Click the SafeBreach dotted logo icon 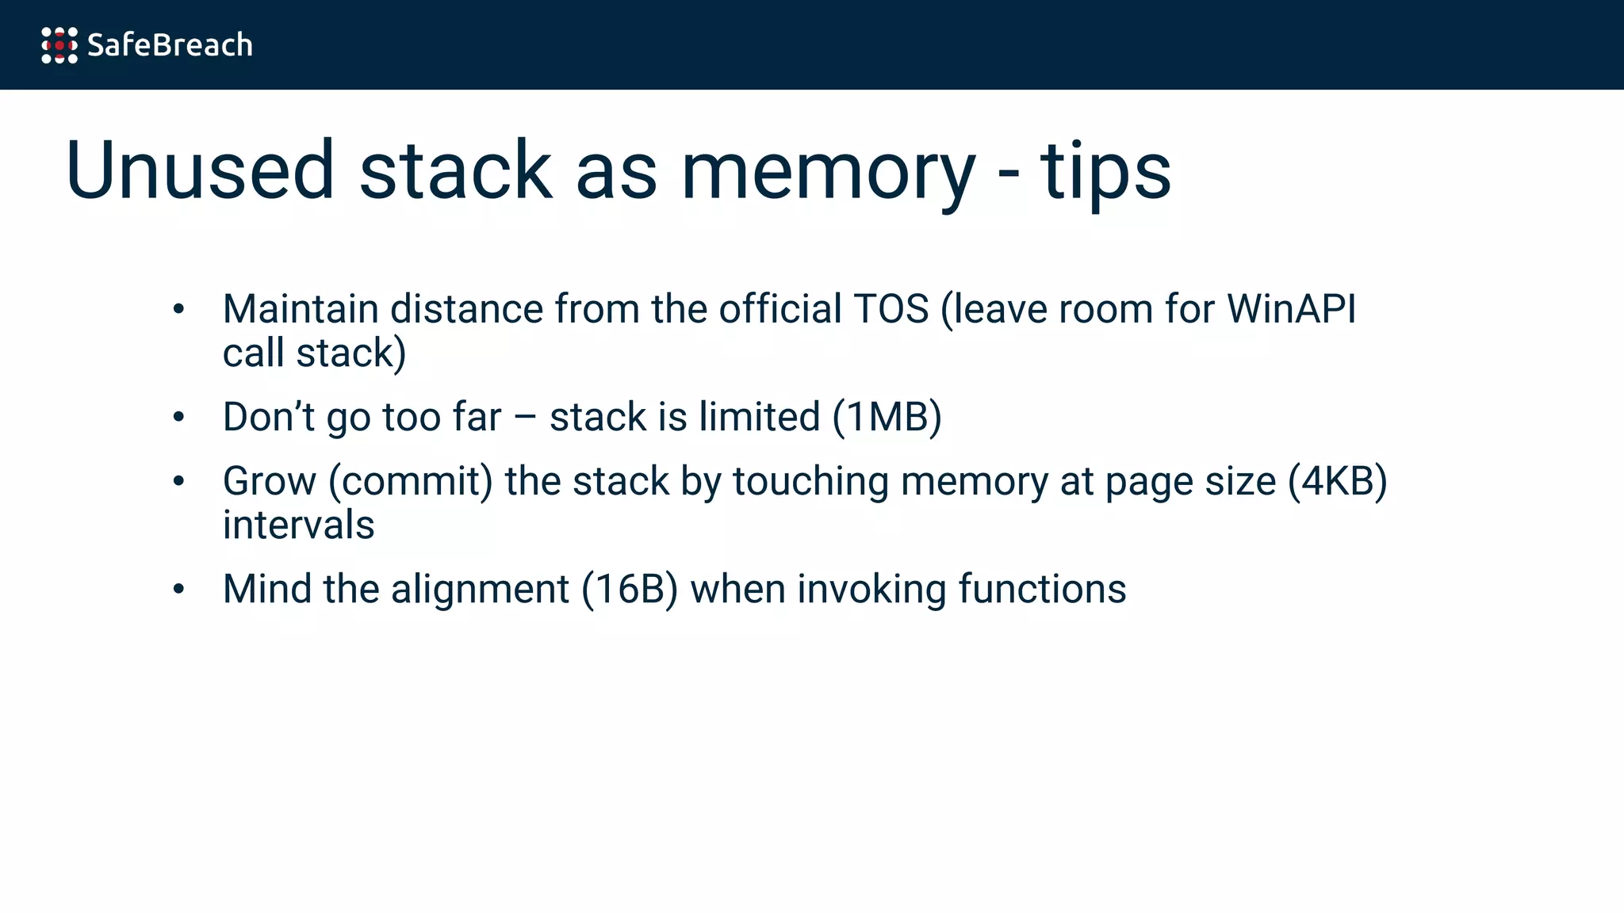(x=59, y=45)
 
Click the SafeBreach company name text (x=170, y=45)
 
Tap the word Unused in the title (x=201, y=170)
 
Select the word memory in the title (x=827, y=170)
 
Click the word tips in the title (x=1105, y=170)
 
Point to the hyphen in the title (x=1008, y=174)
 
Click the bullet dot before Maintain (x=178, y=309)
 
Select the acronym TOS (x=891, y=309)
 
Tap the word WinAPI (x=1292, y=309)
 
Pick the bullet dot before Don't (x=178, y=417)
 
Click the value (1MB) (x=887, y=417)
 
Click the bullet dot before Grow (x=178, y=481)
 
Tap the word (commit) (x=411, y=481)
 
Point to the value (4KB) (x=1337, y=481)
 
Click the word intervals (x=298, y=525)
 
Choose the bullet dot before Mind (x=178, y=589)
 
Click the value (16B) (x=630, y=589)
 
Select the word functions (x=1042, y=589)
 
